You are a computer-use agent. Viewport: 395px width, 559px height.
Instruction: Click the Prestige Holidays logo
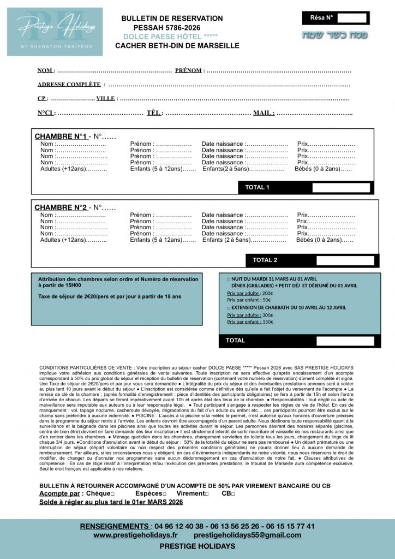[54, 32]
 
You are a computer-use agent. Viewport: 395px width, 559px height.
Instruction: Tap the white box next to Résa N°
[352, 18]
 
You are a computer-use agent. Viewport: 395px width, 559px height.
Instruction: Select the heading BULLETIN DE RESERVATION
[172, 19]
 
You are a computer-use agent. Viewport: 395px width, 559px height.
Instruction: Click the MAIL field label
[264, 113]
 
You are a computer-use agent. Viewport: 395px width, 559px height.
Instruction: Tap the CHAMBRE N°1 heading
[61, 136]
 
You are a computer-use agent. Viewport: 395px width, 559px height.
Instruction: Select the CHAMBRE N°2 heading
[61, 207]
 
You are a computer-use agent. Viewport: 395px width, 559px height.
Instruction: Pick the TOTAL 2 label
[265, 260]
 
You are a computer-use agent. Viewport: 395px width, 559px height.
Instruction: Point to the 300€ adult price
[267, 315]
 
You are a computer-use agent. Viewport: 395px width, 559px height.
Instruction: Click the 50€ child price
[266, 300]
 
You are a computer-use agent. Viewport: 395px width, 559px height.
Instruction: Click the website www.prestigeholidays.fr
[135, 535]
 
